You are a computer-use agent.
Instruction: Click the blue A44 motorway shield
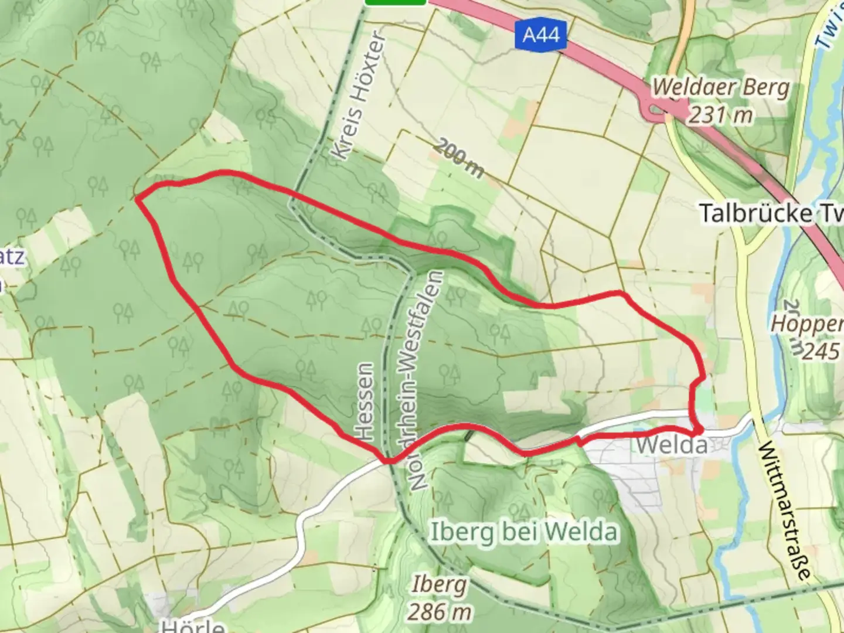coord(540,35)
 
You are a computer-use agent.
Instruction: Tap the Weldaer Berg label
coord(720,88)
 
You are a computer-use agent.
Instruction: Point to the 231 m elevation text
coord(720,115)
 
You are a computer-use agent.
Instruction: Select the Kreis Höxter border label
coord(359,96)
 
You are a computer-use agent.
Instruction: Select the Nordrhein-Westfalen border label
coord(425,380)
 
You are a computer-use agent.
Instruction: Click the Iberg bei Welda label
coord(524,533)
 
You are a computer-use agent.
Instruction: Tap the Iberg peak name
coord(439,584)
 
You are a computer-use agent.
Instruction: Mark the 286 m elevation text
coord(439,612)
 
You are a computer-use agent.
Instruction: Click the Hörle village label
coord(192,625)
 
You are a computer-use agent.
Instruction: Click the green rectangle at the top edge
coord(395,2)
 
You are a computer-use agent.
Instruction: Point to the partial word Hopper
coord(807,324)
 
